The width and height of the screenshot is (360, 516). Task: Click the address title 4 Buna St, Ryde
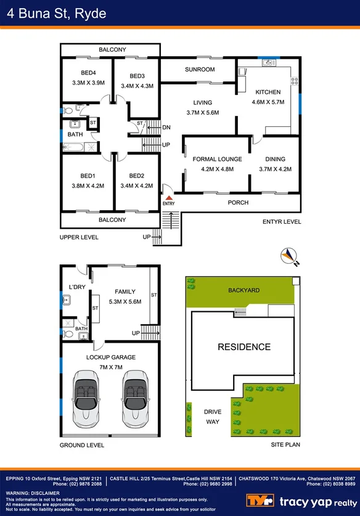[54, 13]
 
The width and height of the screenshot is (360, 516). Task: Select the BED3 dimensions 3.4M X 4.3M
[136, 86]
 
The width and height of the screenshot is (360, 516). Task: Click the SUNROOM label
[199, 70]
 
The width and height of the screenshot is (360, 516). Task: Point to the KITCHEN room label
[268, 92]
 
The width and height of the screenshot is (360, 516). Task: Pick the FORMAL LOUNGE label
[217, 159]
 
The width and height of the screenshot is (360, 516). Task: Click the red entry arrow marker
[168, 197]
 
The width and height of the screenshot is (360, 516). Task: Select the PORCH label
[238, 202]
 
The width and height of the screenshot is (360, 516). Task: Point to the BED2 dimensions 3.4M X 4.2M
[136, 185]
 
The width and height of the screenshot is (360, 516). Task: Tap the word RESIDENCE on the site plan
[243, 347]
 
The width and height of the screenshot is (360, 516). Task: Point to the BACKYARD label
[243, 289]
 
